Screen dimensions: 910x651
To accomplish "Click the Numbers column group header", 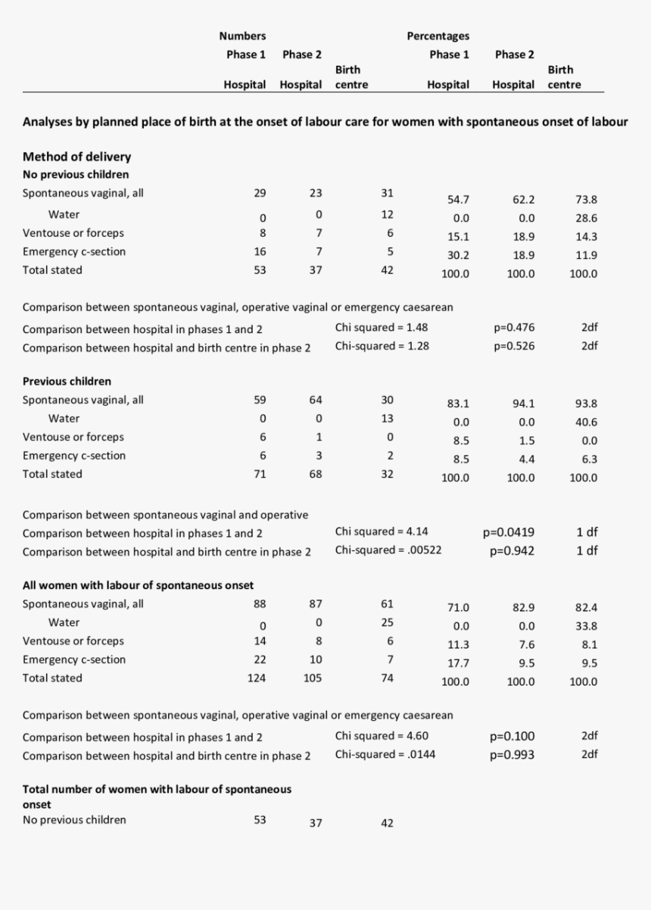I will pos(242,36).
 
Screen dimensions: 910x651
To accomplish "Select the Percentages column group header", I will pos(438,36).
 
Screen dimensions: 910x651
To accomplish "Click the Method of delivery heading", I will pos(76,157).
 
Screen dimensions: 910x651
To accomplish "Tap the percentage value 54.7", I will pos(458,200).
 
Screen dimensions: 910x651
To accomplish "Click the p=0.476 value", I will pos(515,328).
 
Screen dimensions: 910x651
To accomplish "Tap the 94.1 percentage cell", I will pos(523,404).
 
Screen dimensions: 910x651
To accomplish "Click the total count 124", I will pos(257,678).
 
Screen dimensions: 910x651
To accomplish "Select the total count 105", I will pos(312,678).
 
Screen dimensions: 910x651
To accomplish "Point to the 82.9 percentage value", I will pos(523,607).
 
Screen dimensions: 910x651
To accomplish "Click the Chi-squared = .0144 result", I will pos(385,754).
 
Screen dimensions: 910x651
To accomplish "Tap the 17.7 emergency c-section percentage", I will pos(458,663).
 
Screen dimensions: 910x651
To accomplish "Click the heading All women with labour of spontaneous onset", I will pos(138,585).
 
